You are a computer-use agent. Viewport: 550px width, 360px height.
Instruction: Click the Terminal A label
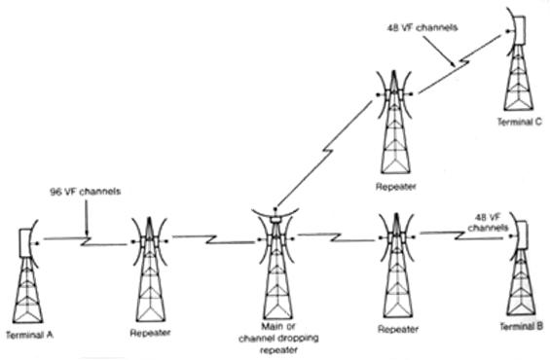[30, 335]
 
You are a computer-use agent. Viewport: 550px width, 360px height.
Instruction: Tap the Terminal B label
[522, 326]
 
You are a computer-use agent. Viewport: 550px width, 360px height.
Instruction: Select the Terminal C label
[520, 122]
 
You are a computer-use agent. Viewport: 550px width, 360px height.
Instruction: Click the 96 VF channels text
[86, 192]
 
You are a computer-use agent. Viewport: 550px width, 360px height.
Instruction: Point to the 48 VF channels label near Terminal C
[422, 27]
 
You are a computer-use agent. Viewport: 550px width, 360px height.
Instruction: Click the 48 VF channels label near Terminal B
[488, 223]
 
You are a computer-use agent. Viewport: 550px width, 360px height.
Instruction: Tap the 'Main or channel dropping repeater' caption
[278, 339]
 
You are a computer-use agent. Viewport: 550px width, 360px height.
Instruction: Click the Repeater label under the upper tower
[396, 187]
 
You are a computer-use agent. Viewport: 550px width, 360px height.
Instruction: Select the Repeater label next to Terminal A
[150, 333]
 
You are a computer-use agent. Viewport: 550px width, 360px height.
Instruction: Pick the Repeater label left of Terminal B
[398, 329]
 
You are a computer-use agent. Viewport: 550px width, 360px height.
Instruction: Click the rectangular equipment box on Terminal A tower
[24, 243]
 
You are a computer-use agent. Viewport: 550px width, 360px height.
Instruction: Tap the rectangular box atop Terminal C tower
[520, 30]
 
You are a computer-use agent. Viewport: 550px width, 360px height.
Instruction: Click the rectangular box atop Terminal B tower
[522, 234]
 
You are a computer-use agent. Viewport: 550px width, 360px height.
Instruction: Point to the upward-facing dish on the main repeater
[275, 214]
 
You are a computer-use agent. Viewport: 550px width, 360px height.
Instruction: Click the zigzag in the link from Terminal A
[87, 241]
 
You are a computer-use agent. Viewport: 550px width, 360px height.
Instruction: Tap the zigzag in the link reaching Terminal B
[459, 235]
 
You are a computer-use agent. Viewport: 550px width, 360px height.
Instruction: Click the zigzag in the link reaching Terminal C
[462, 63]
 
